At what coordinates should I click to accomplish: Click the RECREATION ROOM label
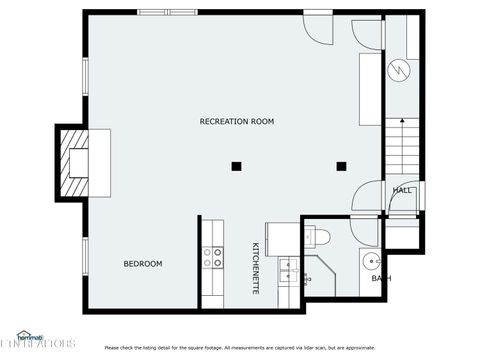tap(236, 121)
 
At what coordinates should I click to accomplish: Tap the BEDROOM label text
tap(142, 264)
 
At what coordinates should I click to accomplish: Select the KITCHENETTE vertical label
tap(255, 267)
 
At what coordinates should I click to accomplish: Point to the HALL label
tap(402, 190)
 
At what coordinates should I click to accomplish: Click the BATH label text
tap(381, 278)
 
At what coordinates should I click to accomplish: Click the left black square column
tap(236, 166)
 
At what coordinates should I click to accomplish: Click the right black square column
tap(341, 166)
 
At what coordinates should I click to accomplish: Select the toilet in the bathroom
tap(321, 236)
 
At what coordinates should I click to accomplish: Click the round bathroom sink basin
tap(371, 262)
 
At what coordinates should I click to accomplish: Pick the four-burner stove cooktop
tap(213, 259)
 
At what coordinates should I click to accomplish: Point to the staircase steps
tap(400, 145)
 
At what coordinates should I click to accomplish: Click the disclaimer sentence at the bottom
tap(240, 348)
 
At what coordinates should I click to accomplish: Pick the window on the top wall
tap(166, 12)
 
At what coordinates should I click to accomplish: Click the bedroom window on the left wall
tap(85, 262)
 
